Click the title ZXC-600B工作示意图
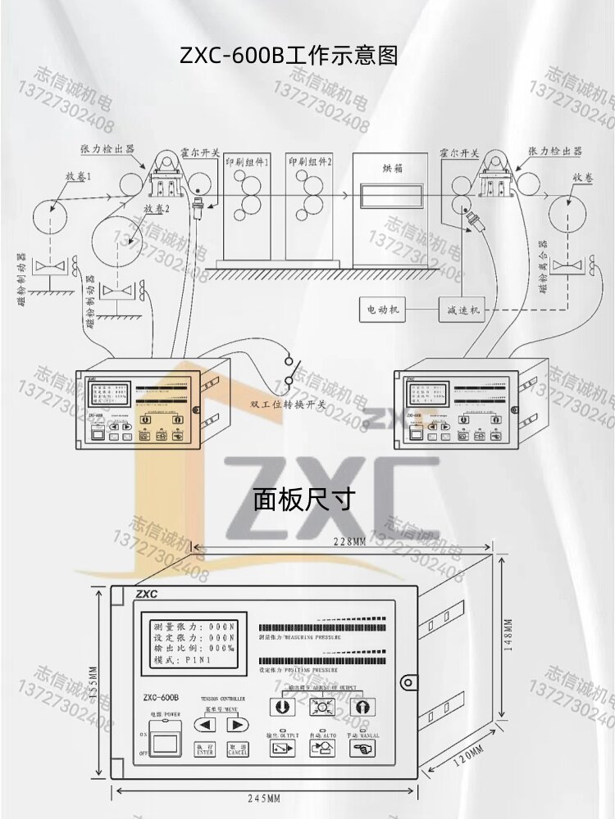(289, 55)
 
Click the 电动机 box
(383, 310)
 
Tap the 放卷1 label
(79, 176)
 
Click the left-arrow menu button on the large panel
(206, 724)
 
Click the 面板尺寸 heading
(303, 498)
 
